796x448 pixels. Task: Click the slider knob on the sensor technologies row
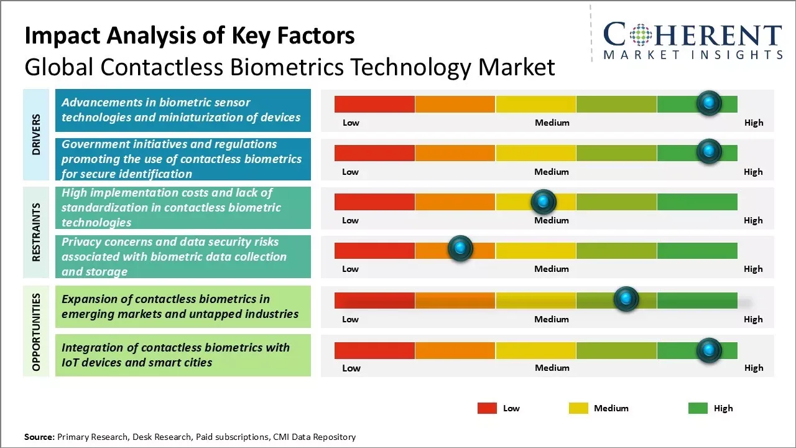click(708, 103)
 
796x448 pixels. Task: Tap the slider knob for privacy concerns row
click(460, 249)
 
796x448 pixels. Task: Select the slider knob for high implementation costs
click(544, 201)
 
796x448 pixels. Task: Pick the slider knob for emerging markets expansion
click(626, 299)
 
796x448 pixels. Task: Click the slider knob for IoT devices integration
click(708, 350)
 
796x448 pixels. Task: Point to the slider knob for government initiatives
click(708, 151)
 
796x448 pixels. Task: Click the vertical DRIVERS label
click(36, 134)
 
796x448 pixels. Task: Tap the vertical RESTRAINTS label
click(36, 231)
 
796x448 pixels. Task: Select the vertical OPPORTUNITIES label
click(36, 332)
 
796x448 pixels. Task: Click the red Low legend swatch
click(487, 408)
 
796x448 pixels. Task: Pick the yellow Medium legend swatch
click(578, 408)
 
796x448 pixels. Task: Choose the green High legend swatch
click(698, 408)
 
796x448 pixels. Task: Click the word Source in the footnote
click(39, 437)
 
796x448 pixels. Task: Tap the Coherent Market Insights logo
click(693, 41)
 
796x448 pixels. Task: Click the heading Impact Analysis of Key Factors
click(190, 35)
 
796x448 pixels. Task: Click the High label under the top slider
click(754, 123)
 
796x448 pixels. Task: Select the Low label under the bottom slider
click(351, 368)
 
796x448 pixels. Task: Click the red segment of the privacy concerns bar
click(374, 250)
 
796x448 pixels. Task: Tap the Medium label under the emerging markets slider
click(552, 319)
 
